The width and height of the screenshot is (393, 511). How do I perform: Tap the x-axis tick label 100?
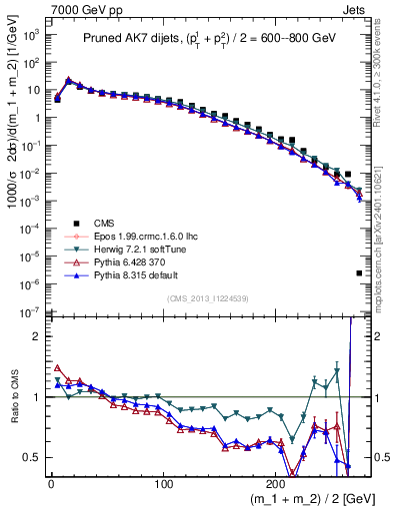click(164, 485)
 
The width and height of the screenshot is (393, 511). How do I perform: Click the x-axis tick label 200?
click(277, 485)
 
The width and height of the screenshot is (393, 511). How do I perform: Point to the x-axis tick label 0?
click(50, 485)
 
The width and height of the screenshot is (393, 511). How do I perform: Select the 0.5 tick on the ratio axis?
click(32, 457)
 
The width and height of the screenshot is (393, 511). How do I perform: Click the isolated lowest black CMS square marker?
click(359, 273)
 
